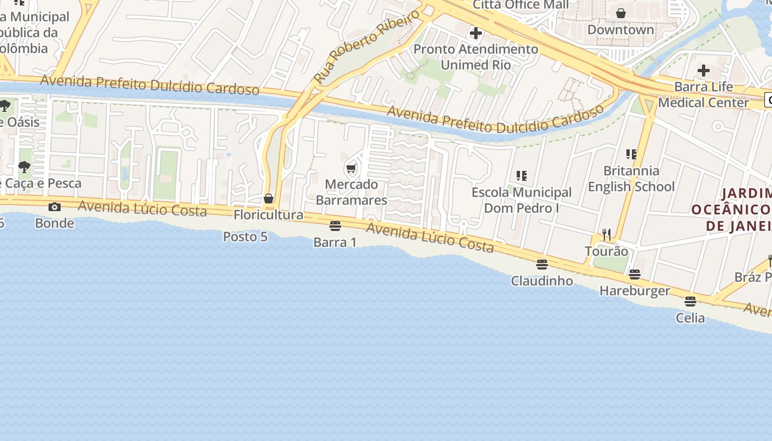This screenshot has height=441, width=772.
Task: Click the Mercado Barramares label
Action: (x=351, y=192)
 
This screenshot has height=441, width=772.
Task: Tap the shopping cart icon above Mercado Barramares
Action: (x=351, y=168)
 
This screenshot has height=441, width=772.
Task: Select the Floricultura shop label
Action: (x=269, y=214)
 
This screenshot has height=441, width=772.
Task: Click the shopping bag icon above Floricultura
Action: (x=269, y=198)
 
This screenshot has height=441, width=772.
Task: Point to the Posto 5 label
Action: (x=245, y=236)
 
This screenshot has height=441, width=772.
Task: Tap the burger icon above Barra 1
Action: (x=335, y=225)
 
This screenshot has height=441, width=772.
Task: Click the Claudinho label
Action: (x=542, y=281)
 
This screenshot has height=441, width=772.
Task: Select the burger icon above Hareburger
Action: (x=635, y=274)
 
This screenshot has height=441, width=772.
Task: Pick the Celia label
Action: (x=690, y=318)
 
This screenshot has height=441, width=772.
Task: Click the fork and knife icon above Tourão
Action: (x=607, y=235)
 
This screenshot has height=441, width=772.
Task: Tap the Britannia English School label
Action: (x=631, y=179)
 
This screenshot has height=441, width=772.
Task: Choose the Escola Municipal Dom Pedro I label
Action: (x=522, y=200)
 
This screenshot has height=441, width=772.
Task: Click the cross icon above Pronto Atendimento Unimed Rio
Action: (x=475, y=33)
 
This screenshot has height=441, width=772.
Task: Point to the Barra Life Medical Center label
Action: (x=704, y=94)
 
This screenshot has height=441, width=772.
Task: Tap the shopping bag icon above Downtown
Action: (x=621, y=13)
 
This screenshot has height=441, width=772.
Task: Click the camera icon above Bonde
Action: (x=54, y=207)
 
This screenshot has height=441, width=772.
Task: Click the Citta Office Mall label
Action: (x=521, y=5)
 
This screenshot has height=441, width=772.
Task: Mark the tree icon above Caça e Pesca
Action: (x=24, y=166)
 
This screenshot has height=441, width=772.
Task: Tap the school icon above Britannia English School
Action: (x=631, y=154)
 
